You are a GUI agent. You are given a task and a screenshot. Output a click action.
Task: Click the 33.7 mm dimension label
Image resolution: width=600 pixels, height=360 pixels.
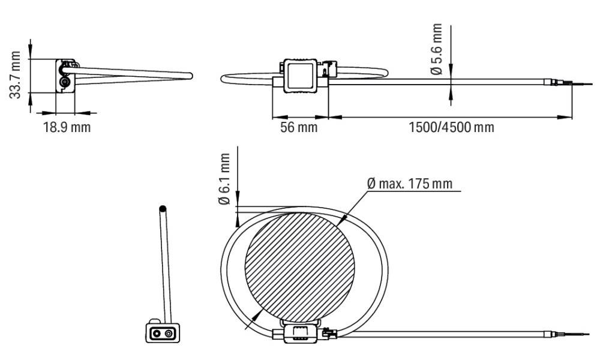[x=16, y=75]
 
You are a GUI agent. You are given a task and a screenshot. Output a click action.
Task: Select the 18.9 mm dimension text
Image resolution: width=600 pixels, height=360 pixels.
[x=67, y=127]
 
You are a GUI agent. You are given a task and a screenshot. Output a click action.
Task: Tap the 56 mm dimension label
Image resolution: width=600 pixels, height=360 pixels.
[x=299, y=127]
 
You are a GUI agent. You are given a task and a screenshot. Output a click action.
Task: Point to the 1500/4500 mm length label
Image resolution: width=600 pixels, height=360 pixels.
[x=452, y=127]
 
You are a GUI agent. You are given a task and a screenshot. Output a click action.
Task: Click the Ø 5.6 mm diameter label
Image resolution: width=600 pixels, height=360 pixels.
[x=436, y=49]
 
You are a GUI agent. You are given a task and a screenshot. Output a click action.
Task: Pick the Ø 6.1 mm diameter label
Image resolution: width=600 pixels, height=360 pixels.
[x=224, y=179]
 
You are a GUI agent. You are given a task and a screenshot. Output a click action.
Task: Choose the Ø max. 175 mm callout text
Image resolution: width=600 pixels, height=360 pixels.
[x=409, y=184]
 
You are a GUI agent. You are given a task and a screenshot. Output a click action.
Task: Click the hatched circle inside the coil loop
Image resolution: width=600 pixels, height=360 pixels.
[x=299, y=268]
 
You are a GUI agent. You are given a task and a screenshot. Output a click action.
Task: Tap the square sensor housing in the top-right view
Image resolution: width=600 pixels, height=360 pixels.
[x=301, y=76]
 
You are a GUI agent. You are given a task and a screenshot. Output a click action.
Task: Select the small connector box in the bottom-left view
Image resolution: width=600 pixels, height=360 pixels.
[x=163, y=332]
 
